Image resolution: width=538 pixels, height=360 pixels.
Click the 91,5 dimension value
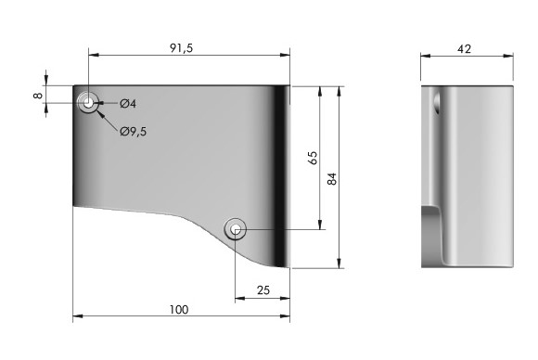[182, 48]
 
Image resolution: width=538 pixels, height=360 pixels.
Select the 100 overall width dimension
[179, 310]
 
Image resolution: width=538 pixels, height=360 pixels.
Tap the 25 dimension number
[263, 290]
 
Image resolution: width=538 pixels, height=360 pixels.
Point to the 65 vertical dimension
[313, 158]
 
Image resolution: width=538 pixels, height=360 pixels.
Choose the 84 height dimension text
[332, 179]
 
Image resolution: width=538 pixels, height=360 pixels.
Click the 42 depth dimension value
[464, 49]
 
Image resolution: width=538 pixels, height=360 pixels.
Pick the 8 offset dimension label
[38, 96]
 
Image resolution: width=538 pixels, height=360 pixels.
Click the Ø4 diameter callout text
[128, 103]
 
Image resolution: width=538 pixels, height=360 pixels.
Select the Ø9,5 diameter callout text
[134, 131]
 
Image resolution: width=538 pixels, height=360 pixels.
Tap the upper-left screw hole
[88, 102]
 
